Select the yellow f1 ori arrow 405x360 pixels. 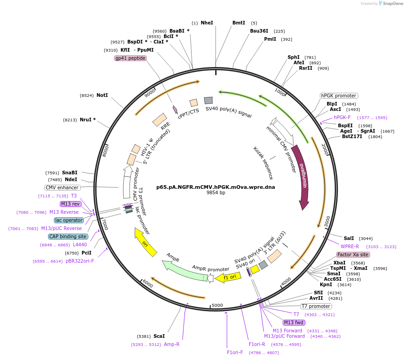coord(228,278)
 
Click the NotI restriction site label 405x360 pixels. coord(102,95)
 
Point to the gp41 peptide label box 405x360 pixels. coord(130,58)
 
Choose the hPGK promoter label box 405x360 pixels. coord(339,96)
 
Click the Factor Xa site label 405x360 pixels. coord(353,254)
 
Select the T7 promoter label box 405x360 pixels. coord(316,306)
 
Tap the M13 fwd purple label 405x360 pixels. coord(294,322)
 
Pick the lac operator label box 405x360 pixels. coord(69,220)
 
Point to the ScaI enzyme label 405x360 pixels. coord(159,336)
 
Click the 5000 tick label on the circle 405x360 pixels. coord(217,305)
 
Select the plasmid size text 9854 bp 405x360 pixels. coord(216,192)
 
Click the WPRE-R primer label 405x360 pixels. coord(350,247)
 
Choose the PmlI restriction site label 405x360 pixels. coord(270,39)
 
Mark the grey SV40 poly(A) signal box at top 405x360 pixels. coord(208,101)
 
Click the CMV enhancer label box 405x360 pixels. coord(62,188)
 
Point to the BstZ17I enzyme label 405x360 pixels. coord(352,137)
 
